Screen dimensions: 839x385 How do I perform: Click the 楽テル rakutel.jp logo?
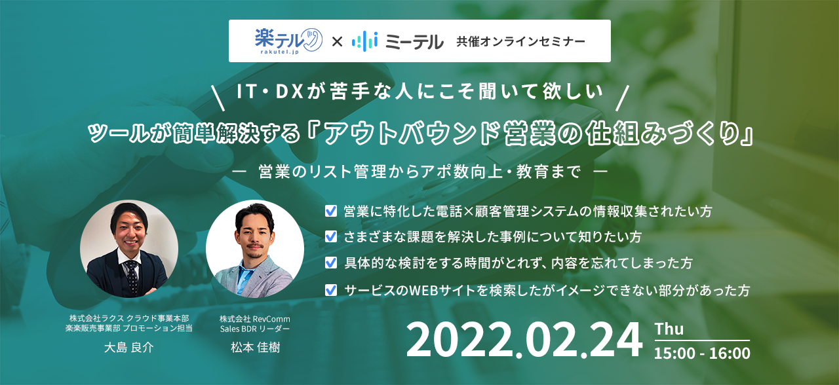(x=288, y=41)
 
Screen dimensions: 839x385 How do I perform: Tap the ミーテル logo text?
(x=414, y=41)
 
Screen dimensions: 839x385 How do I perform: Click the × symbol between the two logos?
(x=337, y=41)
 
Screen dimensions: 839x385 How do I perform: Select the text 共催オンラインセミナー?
(x=520, y=41)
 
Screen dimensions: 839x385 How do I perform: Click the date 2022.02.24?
(x=524, y=340)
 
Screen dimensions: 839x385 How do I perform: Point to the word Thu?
(x=669, y=329)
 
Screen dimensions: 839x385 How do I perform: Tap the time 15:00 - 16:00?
(x=702, y=353)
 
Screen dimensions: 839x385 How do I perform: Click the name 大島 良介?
(x=129, y=347)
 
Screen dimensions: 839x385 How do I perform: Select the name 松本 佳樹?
(x=255, y=347)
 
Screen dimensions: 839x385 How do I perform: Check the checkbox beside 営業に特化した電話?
(x=331, y=211)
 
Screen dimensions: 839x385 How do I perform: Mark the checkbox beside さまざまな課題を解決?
(x=331, y=236)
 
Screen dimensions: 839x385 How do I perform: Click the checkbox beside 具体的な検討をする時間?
(x=331, y=263)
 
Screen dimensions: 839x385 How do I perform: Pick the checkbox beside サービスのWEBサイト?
(x=331, y=290)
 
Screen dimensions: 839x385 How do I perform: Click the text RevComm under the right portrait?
(x=271, y=319)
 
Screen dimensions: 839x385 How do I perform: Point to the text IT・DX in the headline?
(x=269, y=92)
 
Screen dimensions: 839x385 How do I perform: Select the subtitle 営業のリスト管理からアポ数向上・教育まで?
(x=419, y=172)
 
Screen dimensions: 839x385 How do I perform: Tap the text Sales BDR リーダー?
(x=255, y=329)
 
